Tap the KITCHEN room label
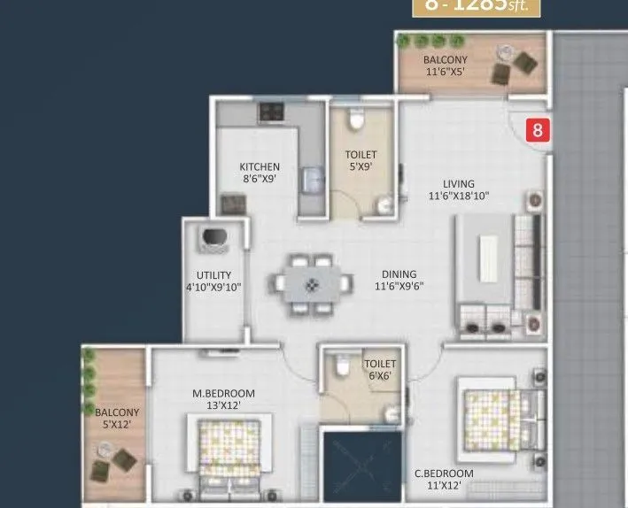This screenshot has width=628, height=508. coord(260,166)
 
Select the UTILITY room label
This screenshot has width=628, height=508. coord(214,275)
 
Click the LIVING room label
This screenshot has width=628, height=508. coord(459,185)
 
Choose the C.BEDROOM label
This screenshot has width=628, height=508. coord(444,473)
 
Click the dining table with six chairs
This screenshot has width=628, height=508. coord(311,285)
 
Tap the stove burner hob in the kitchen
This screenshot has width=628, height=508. coord(270,112)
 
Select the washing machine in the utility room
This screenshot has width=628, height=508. coord(213,238)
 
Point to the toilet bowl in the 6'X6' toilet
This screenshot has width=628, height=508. coord(339,364)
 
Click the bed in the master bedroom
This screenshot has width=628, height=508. coord(228,456)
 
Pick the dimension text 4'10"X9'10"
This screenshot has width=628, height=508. coord(214,287)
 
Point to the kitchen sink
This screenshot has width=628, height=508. coord(310,179)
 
